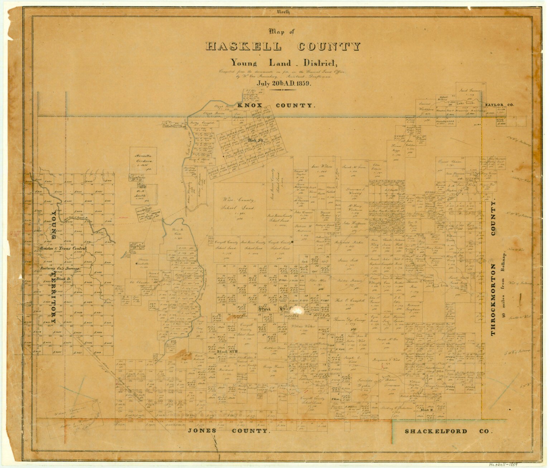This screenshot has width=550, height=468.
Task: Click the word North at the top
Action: click(283, 12)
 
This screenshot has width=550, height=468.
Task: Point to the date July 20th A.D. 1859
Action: click(283, 83)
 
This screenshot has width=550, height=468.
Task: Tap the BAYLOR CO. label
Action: click(499, 105)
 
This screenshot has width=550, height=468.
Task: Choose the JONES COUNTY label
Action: click(229, 431)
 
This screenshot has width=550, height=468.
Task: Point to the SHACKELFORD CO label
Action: click(448, 431)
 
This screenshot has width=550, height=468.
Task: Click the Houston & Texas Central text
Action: click(63, 249)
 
